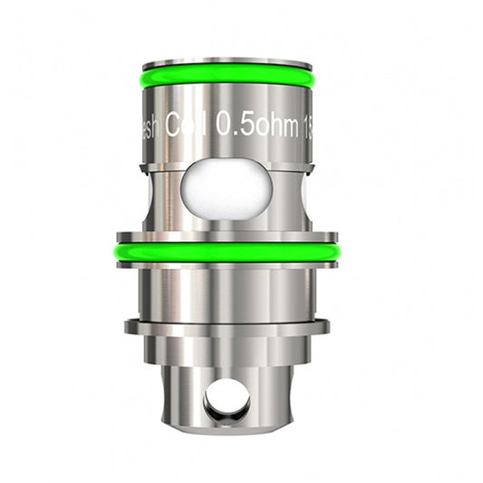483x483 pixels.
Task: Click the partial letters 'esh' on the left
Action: tap(157, 123)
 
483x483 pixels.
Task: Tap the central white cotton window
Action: tap(227, 189)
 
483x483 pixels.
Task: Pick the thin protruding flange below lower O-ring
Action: tap(227, 325)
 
